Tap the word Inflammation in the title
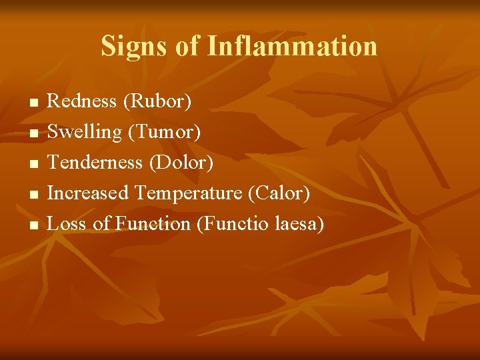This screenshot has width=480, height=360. point(293,47)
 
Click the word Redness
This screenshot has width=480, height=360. point(82,101)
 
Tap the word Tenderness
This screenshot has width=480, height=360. point(95,162)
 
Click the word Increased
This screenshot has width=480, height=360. point(88,193)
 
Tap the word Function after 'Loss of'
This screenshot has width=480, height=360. point(153,223)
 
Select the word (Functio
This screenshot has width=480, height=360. point(233,223)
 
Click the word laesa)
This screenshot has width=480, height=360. point(299,223)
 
